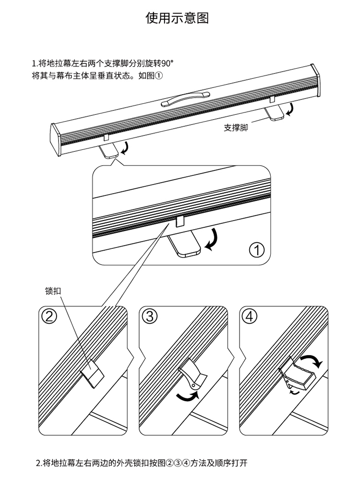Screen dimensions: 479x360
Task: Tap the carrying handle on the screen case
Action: tap(187, 99)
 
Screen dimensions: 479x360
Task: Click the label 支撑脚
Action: tap(235, 128)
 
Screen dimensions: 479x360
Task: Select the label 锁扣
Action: tap(53, 291)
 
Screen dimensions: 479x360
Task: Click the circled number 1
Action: tap(257, 249)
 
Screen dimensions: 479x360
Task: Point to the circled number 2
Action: tap(49, 316)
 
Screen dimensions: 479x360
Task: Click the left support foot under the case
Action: tap(110, 151)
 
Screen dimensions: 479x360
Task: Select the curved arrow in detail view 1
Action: tap(213, 240)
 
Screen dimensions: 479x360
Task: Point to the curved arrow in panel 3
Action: tap(187, 395)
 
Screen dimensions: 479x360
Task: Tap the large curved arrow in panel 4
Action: tap(310, 361)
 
